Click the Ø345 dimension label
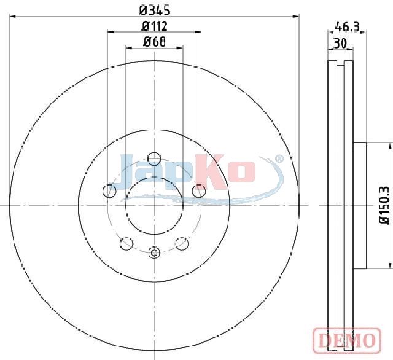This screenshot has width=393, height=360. point(155,10)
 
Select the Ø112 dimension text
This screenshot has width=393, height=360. point(154,26)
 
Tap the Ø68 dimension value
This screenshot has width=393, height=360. point(154,42)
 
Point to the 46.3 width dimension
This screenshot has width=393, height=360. point(347,26)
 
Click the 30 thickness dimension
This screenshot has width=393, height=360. point(340,43)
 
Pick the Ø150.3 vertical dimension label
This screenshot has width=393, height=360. point(385,205)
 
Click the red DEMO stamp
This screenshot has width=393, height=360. point(347,340)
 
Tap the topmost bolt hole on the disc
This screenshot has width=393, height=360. point(154,158)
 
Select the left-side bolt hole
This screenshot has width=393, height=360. point(109,191)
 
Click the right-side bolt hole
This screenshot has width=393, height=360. point(199,191)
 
